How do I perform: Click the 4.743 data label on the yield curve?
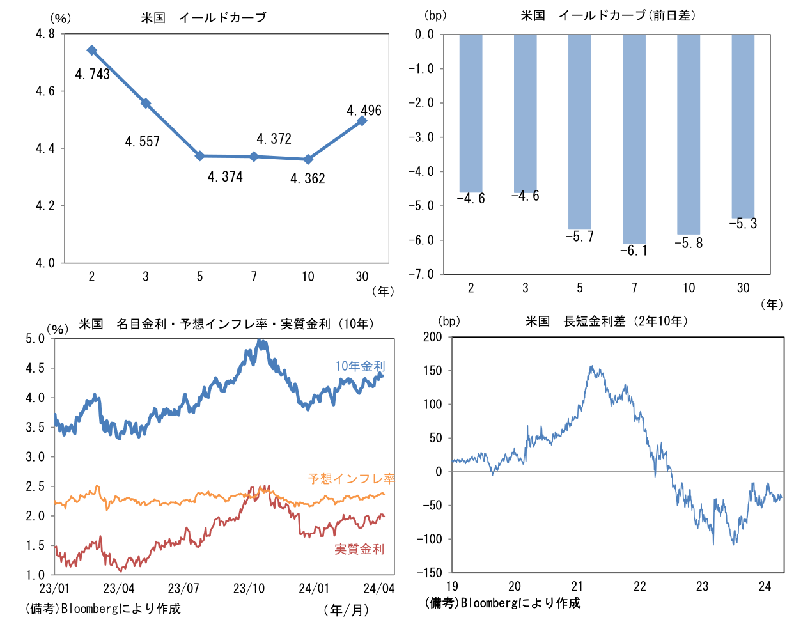93,74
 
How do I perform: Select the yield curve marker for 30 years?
362,120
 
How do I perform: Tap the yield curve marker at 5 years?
199,156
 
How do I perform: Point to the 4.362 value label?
308,179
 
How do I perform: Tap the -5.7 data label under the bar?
580,237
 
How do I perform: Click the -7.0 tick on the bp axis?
421,274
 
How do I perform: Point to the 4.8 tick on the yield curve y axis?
45,35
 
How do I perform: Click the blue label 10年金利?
361,366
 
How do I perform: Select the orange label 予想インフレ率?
352,479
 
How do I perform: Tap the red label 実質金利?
359,549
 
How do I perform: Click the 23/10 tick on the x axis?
249,589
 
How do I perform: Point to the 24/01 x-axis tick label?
314,589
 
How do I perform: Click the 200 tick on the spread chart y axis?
432,338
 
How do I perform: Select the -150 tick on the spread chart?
429,573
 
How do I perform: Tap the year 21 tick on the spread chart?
577,587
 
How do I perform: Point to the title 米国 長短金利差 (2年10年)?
607,322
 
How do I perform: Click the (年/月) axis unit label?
347,610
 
